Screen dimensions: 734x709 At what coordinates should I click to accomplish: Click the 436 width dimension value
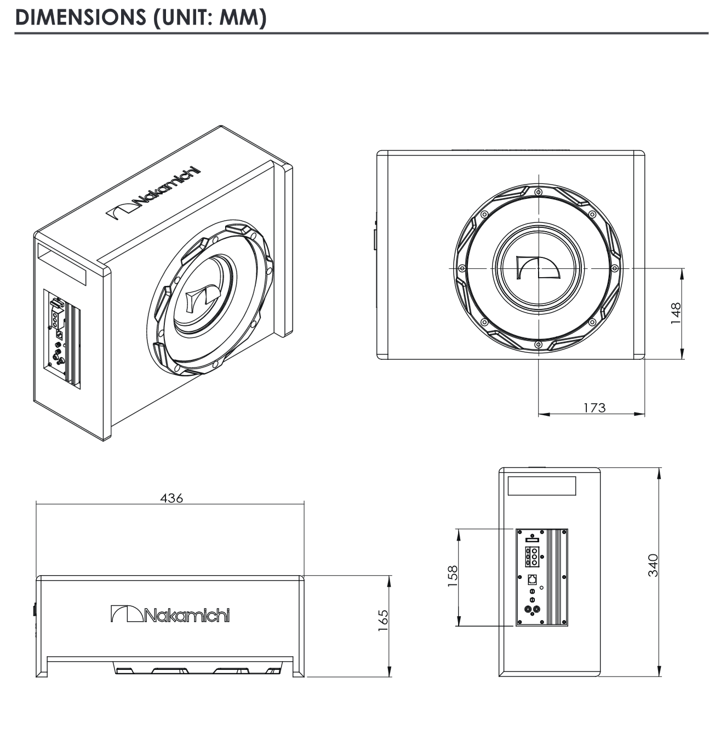pos(171,498)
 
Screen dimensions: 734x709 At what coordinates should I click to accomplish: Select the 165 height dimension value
pos(383,620)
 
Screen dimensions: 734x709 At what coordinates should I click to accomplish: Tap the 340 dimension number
pos(653,565)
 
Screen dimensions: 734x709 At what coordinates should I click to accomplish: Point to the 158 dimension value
pos(453,576)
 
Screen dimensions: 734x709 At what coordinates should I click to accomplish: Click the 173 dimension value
pos(594,408)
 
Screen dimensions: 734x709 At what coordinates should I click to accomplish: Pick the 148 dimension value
pos(676,313)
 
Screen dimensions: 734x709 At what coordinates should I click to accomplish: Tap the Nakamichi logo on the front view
pos(170,615)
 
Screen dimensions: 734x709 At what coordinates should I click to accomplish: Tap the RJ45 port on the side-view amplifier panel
pos(531,578)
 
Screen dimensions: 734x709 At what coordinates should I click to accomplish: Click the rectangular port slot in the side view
pos(542,486)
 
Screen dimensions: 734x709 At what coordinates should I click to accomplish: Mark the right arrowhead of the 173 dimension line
pos(639,414)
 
